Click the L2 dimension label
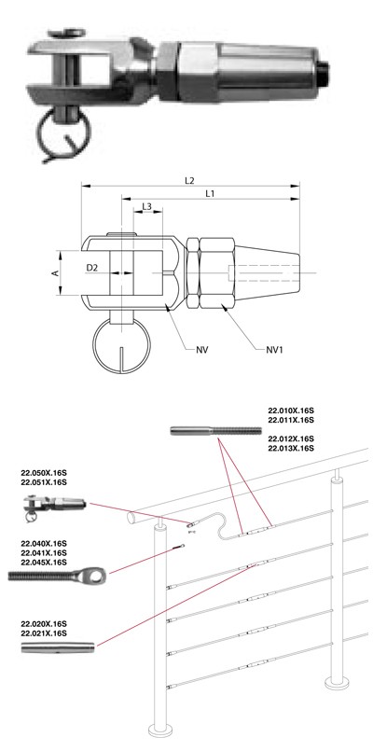point(189,181)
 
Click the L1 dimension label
point(210,193)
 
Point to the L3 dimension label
point(147,206)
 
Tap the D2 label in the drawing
point(92,269)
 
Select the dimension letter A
point(56,272)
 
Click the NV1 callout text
point(275,350)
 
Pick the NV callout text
point(202,350)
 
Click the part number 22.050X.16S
point(44,474)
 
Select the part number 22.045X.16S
point(44,563)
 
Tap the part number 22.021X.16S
point(44,633)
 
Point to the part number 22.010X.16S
point(291,410)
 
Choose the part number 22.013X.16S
point(291,448)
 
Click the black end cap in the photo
point(324,73)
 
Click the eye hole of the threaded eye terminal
point(97,576)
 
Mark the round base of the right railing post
point(337,682)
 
